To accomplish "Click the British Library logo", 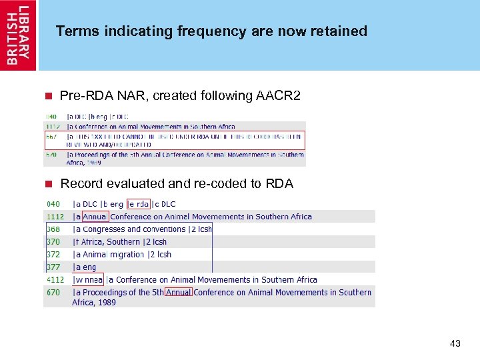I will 18,35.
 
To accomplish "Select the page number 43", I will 455,343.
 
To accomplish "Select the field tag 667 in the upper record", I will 52,136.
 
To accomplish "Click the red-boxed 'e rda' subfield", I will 138,204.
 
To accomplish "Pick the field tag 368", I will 53,229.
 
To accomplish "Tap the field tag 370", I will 53,242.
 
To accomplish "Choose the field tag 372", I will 53,255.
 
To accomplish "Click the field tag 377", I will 53,267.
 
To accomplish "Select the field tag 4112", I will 55,280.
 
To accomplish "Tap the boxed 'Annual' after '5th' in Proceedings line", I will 178,292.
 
